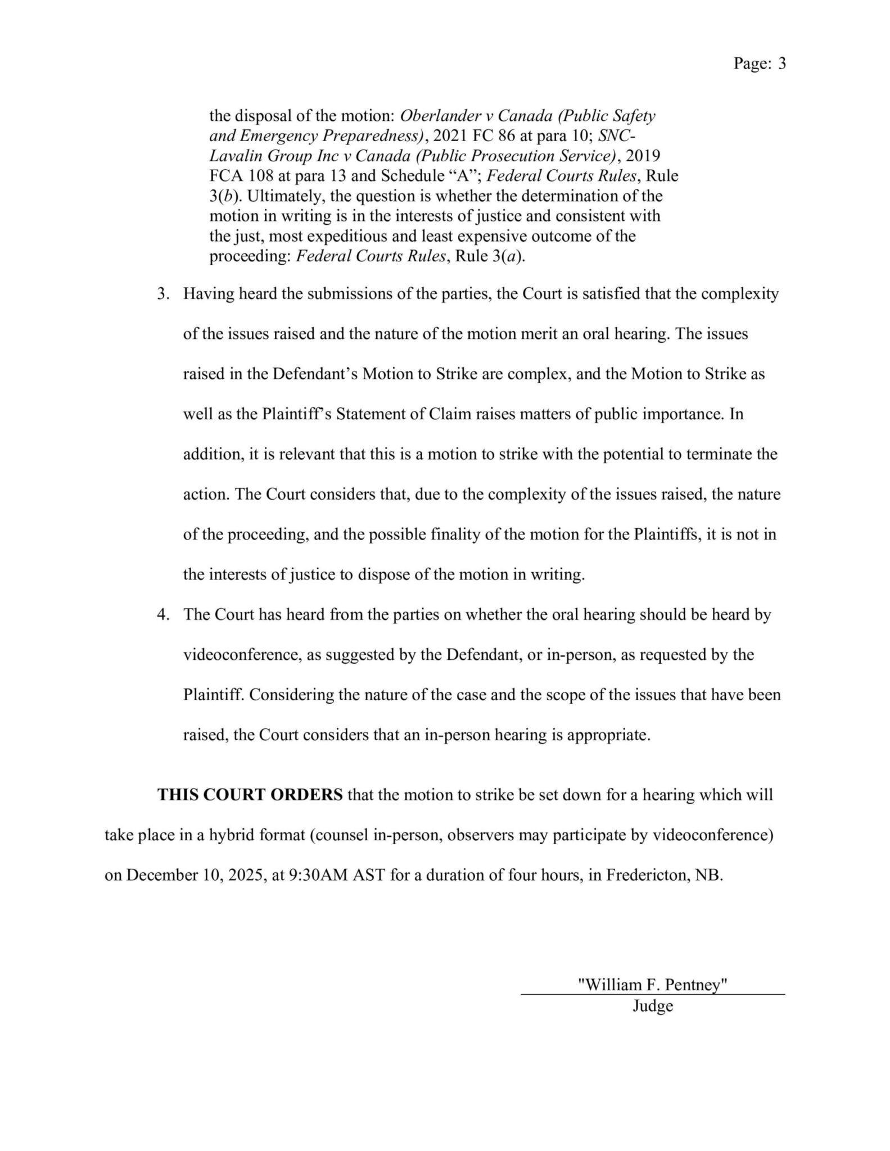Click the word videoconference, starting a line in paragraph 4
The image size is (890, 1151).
click(x=244, y=655)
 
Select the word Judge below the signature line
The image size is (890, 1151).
click(x=653, y=1005)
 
